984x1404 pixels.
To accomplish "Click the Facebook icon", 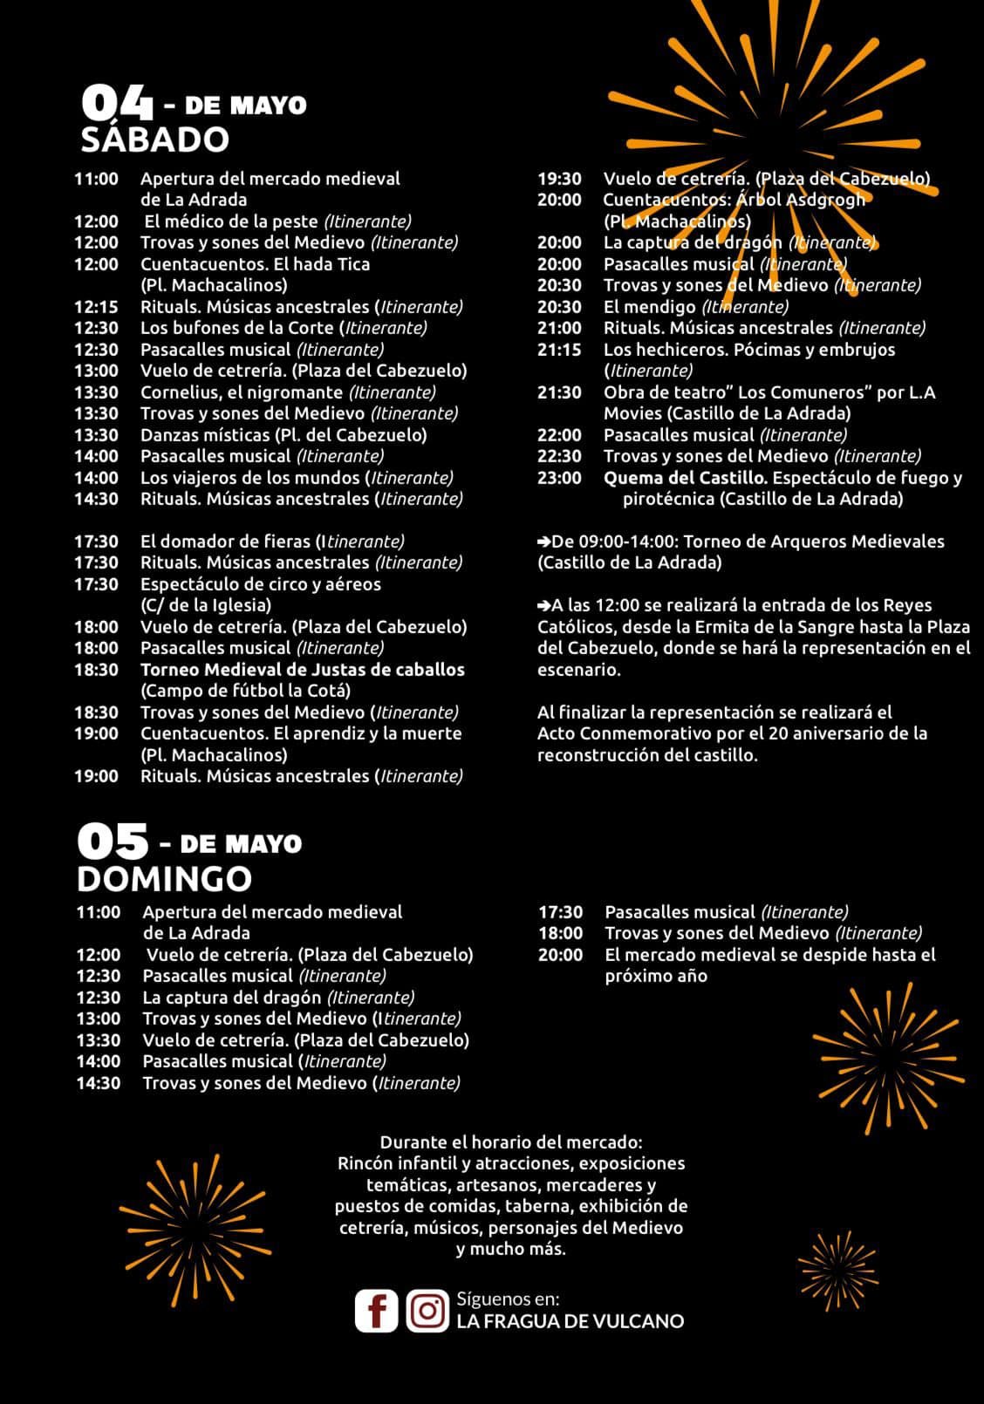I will pyautogui.click(x=376, y=1310).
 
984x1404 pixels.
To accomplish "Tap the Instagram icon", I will pyautogui.click(x=427, y=1310).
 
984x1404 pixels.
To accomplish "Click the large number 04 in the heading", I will pyautogui.click(x=117, y=104).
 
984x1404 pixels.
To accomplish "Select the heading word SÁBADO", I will pyautogui.click(x=154, y=140).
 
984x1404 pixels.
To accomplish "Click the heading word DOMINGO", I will pyautogui.click(x=164, y=878).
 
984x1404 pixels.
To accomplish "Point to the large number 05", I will pyautogui.click(x=113, y=842).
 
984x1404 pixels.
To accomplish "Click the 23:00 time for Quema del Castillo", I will pyautogui.click(x=559, y=478).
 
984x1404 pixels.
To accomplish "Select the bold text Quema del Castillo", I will pyautogui.click(x=686, y=478).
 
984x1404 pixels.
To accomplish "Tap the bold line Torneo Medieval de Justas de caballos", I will pyautogui.click(x=302, y=670).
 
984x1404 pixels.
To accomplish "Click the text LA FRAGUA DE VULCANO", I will pyautogui.click(x=570, y=1321).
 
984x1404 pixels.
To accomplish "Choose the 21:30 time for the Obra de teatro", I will pyautogui.click(x=559, y=392).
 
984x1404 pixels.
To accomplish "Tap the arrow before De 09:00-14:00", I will pyautogui.click(x=543, y=542).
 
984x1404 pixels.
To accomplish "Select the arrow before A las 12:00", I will pyautogui.click(x=543, y=605).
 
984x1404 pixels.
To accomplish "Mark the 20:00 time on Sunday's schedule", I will pyautogui.click(x=560, y=955).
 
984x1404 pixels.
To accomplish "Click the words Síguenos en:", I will pyautogui.click(x=508, y=1298).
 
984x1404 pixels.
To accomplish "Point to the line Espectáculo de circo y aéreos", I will pyautogui.click(x=260, y=584).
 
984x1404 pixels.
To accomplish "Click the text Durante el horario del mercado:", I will pyautogui.click(x=510, y=1142).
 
